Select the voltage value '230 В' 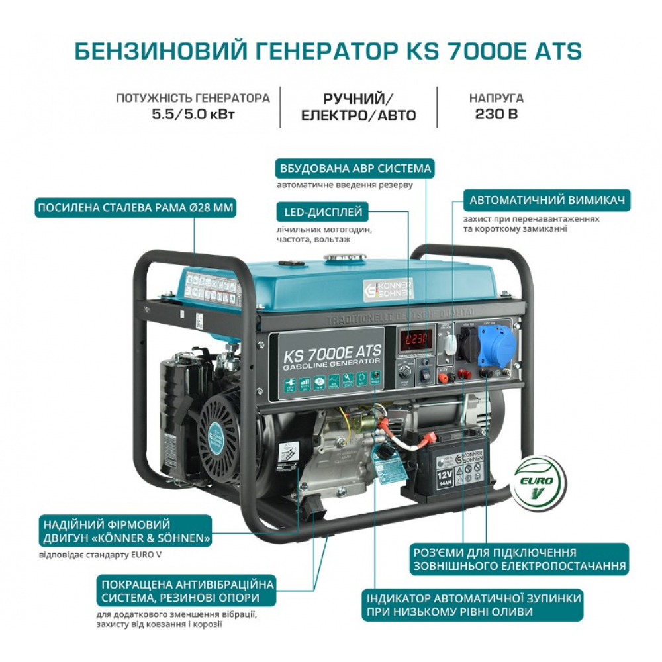tap(496, 113)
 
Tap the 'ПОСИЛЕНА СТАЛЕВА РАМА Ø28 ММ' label tap(136, 208)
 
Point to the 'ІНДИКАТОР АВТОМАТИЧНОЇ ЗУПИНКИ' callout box tap(473, 606)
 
